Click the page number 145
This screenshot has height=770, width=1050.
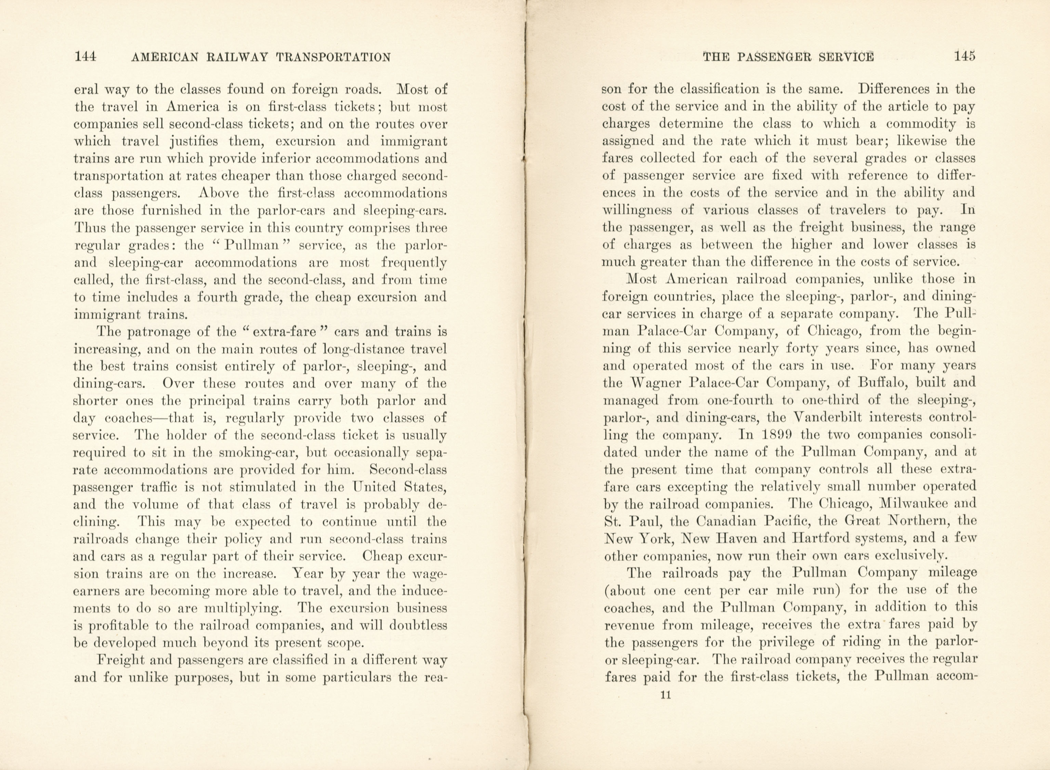pyautogui.click(x=964, y=56)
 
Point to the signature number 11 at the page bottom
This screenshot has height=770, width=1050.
pyautogui.click(x=665, y=695)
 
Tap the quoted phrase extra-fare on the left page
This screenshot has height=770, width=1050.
pyautogui.click(x=285, y=332)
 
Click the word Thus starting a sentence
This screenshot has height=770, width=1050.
pyautogui.click(x=88, y=228)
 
